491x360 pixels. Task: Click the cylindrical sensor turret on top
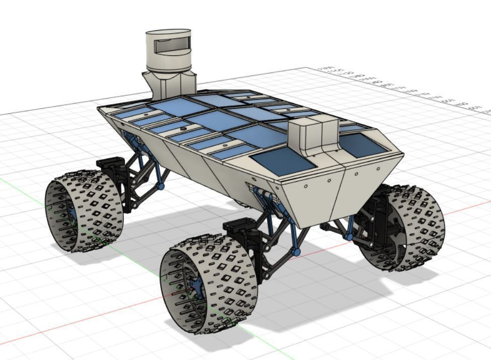(169, 50)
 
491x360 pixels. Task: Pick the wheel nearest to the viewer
(209, 284)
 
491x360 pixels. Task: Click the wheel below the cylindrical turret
(83, 211)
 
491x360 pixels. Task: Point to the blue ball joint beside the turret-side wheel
(161, 186)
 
